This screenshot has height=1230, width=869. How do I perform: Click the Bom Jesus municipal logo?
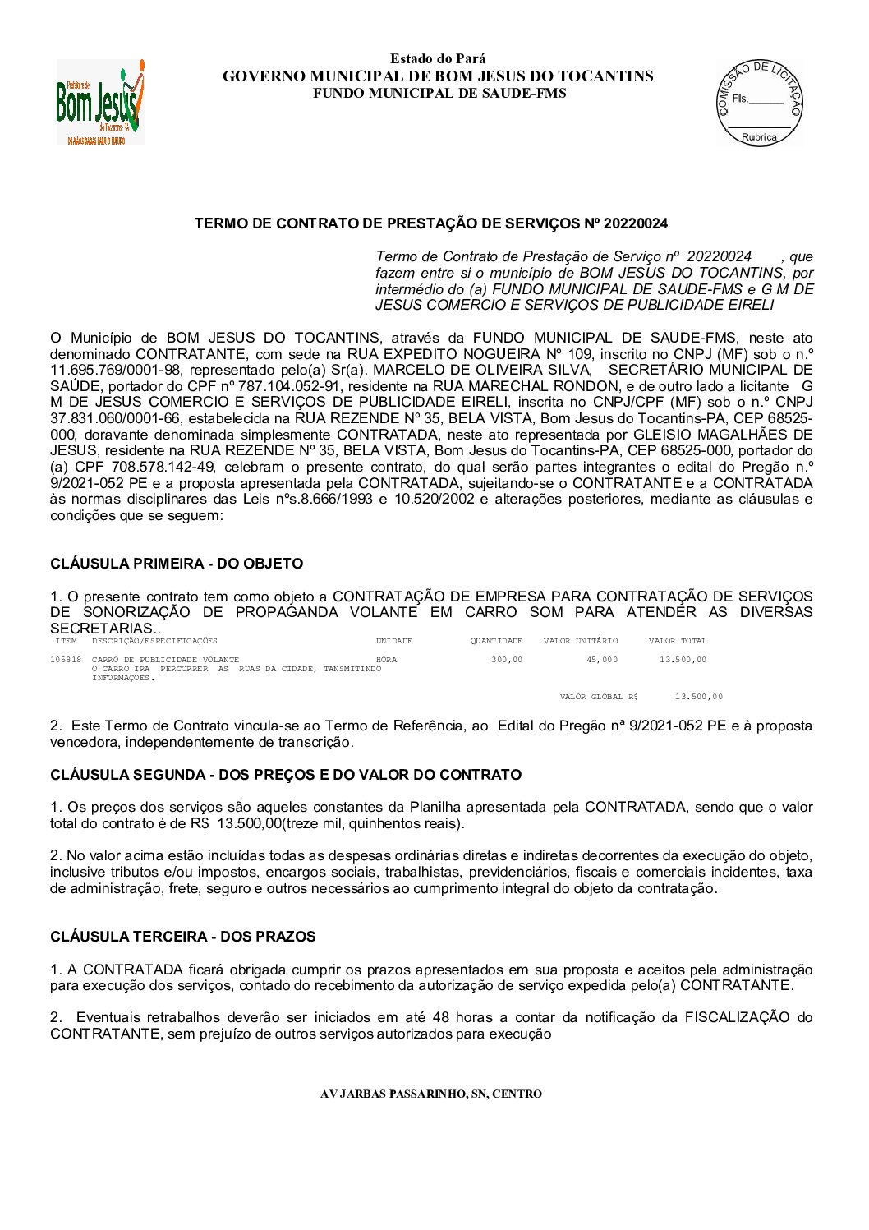coord(99,102)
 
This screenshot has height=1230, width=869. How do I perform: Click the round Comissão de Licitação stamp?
coord(759,102)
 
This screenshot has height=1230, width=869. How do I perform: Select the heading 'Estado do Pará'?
coord(438,58)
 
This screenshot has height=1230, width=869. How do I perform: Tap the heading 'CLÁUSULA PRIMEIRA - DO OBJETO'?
coord(177,564)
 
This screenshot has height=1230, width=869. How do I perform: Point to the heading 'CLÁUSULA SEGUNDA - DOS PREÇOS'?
coord(285,775)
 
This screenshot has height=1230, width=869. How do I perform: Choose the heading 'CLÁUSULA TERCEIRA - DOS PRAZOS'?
coord(182,937)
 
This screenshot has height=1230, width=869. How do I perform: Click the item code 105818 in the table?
coord(66,659)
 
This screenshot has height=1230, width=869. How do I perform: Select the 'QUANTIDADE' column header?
coord(496,641)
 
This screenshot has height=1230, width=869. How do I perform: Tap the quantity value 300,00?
coord(507,659)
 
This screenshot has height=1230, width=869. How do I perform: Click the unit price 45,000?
coord(602,659)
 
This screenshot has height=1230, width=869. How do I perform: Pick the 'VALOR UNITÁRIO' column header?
coord(581,641)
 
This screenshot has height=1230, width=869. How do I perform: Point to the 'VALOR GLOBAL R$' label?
coord(599,697)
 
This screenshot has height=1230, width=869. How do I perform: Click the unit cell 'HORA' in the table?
coord(386,659)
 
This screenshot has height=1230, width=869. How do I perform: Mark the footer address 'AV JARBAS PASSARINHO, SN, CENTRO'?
coord(430,1094)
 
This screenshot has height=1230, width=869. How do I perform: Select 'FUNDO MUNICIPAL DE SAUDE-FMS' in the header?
coord(439,93)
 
